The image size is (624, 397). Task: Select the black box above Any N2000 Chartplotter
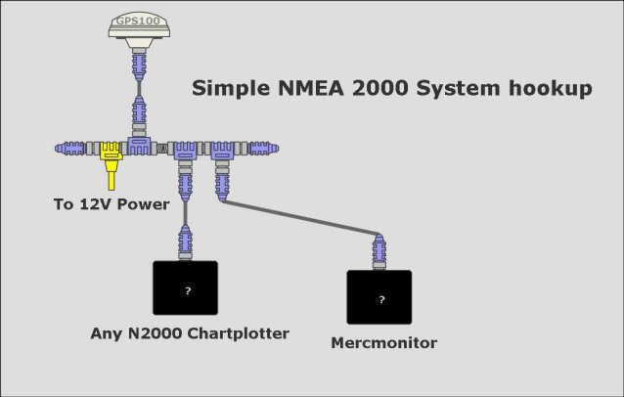click(186, 287)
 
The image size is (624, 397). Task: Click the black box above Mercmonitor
click(379, 297)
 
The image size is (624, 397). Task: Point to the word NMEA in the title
click(311, 88)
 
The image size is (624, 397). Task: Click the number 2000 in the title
click(380, 88)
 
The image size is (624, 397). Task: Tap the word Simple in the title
click(231, 89)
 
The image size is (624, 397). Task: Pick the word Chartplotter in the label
click(238, 333)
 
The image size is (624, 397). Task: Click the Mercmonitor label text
click(384, 343)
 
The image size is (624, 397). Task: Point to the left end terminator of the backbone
click(70, 149)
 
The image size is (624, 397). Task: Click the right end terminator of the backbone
click(263, 149)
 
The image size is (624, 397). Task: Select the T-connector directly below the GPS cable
click(139, 146)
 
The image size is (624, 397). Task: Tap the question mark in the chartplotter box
click(188, 290)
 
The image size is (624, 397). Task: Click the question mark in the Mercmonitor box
click(381, 299)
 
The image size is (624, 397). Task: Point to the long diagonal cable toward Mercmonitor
click(301, 218)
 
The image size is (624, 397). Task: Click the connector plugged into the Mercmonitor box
click(379, 252)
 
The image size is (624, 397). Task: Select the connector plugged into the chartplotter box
click(186, 243)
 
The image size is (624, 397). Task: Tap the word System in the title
click(458, 89)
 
